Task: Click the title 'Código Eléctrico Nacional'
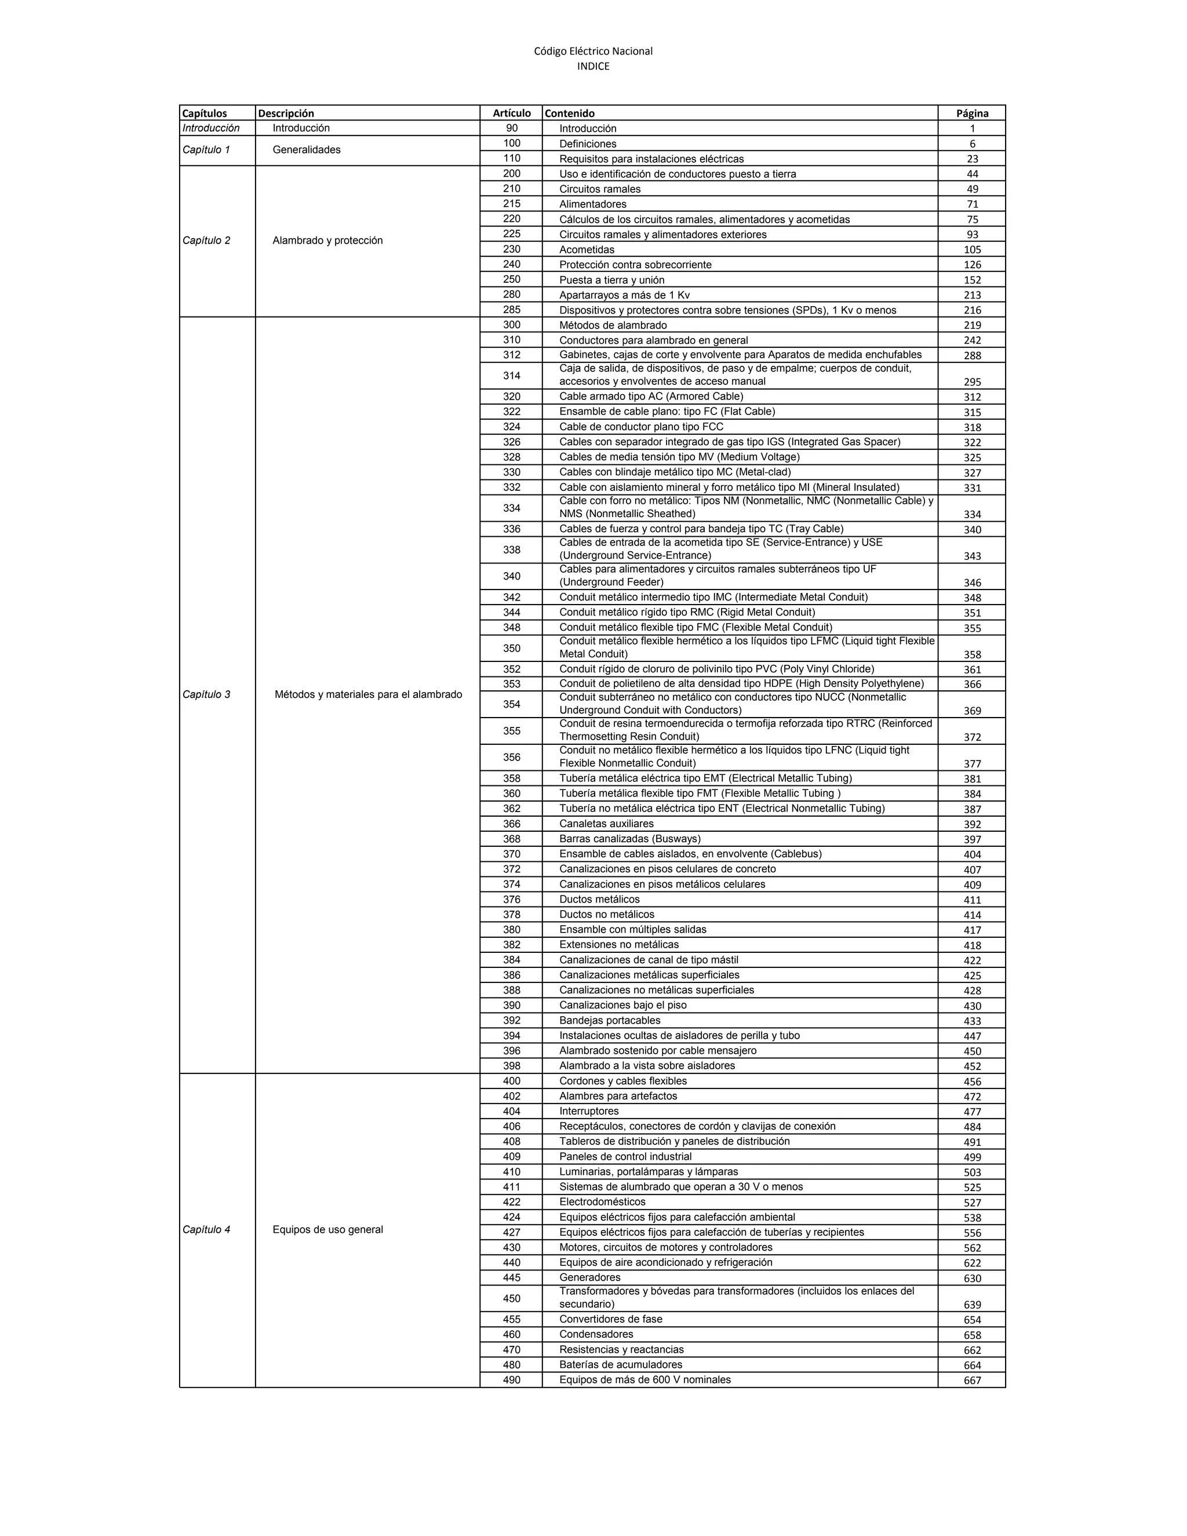[x=593, y=50]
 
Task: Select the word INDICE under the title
[x=593, y=67]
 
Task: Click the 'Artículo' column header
[x=511, y=113]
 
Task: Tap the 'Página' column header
[x=972, y=113]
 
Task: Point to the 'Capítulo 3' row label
[x=206, y=695]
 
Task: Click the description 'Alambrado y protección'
[x=327, y=241]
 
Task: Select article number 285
[x=511, y=310]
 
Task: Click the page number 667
[x=972, y=1381]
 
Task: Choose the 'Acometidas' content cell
[x=587, y=250]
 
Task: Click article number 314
[x=511, y=376]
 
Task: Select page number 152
[x=972, y=280]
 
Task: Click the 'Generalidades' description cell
[x=307, y=150]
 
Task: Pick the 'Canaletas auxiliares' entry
[x=606, y=824]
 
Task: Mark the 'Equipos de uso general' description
[x=327, y=1229]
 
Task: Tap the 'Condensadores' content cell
[x=596, y=1334]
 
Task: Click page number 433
[x=972, y=1021]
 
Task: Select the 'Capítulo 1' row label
[x=206, y=150]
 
